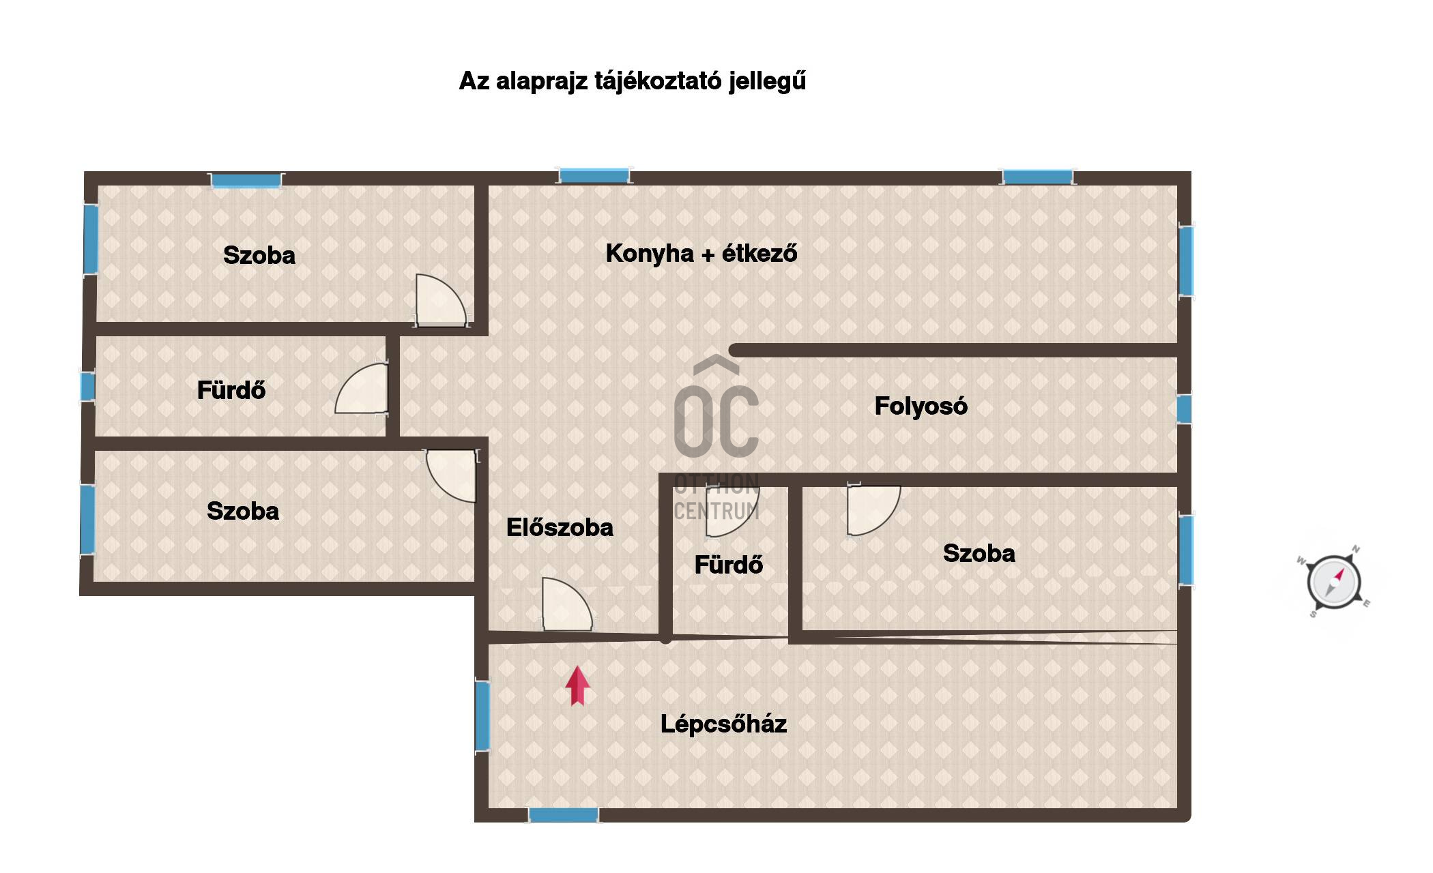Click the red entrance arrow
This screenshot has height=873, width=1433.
[x=577, y=685]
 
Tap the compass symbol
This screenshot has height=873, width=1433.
[x=1333, y=582]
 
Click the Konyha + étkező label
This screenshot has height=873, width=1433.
[x=701, y=253]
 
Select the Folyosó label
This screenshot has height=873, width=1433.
[x=921, y=406]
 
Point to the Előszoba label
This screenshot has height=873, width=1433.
[x=560, y=527]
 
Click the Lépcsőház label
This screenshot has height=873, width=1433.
[x=723, y=724]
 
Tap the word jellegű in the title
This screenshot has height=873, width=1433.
[x=767, y=81]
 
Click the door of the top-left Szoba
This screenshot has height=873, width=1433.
[x=441, y=300]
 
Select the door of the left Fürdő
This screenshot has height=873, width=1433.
[x=362, y=388]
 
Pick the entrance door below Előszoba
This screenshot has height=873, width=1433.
[x=567, y=604]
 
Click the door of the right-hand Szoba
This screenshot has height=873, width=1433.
[x=873, y=510]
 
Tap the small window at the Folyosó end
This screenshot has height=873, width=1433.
[x=1184, y=409]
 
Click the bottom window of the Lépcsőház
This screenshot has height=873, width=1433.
[x=564, y=814]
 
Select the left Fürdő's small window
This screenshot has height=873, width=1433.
[x=87, y=387]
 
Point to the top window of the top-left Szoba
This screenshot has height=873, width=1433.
[x=246, y=180]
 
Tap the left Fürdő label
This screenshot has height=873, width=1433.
[x=231, y=390]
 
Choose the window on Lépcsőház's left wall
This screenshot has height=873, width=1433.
[x=482, y=716]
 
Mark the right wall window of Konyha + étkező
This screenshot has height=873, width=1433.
[x=1186, y=261]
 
